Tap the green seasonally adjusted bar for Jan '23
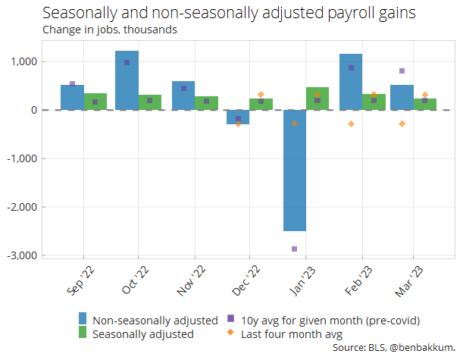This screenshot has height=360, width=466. point(317,99)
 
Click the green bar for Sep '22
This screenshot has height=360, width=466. point(95,102)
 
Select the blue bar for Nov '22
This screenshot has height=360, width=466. point(183,95)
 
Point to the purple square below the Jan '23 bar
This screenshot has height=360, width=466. point(294,249)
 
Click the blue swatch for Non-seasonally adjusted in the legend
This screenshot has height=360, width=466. point(83,319)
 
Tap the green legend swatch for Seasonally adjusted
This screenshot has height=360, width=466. point(83,333)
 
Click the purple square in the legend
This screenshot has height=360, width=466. point(232,319)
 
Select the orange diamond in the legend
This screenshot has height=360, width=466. point(232,333)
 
